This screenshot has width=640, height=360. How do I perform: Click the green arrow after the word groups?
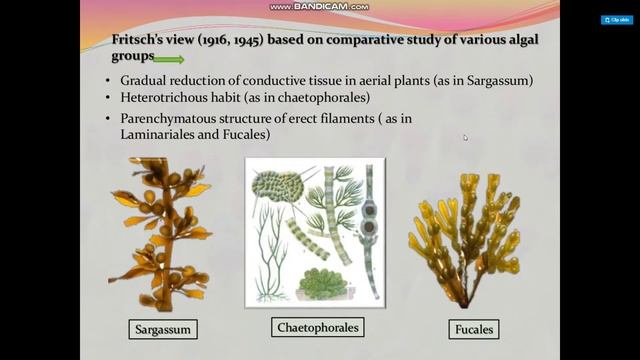tap(169, 59)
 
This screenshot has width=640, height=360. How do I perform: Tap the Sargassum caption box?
tap(164, 328)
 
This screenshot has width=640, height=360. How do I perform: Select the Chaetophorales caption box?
tap(316, 327)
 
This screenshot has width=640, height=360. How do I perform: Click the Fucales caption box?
tap(472, 328)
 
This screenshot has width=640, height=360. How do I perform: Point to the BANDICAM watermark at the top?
tap(319, 7)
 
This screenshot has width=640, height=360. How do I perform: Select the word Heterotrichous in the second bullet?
tap(166, 98)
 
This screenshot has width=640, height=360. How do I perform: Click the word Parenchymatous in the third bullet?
tap(171, 119)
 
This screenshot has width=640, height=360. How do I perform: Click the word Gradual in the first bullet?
tap(144, 80)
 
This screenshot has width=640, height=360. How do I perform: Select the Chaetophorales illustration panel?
tap(315, 230)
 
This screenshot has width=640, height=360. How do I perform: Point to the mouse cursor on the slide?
tap(464, 137)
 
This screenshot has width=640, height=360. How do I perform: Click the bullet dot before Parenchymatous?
tap(109, 119)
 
